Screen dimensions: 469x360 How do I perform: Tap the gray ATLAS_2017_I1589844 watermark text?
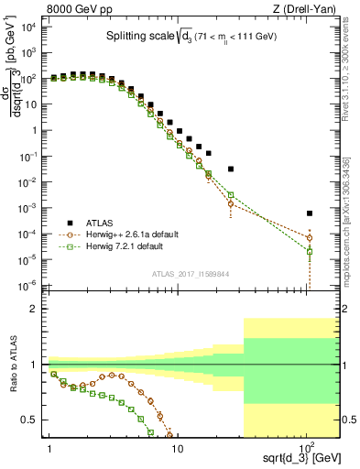(x=191, y=273)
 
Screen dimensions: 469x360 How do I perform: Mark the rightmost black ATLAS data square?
(x=310, y=213)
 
